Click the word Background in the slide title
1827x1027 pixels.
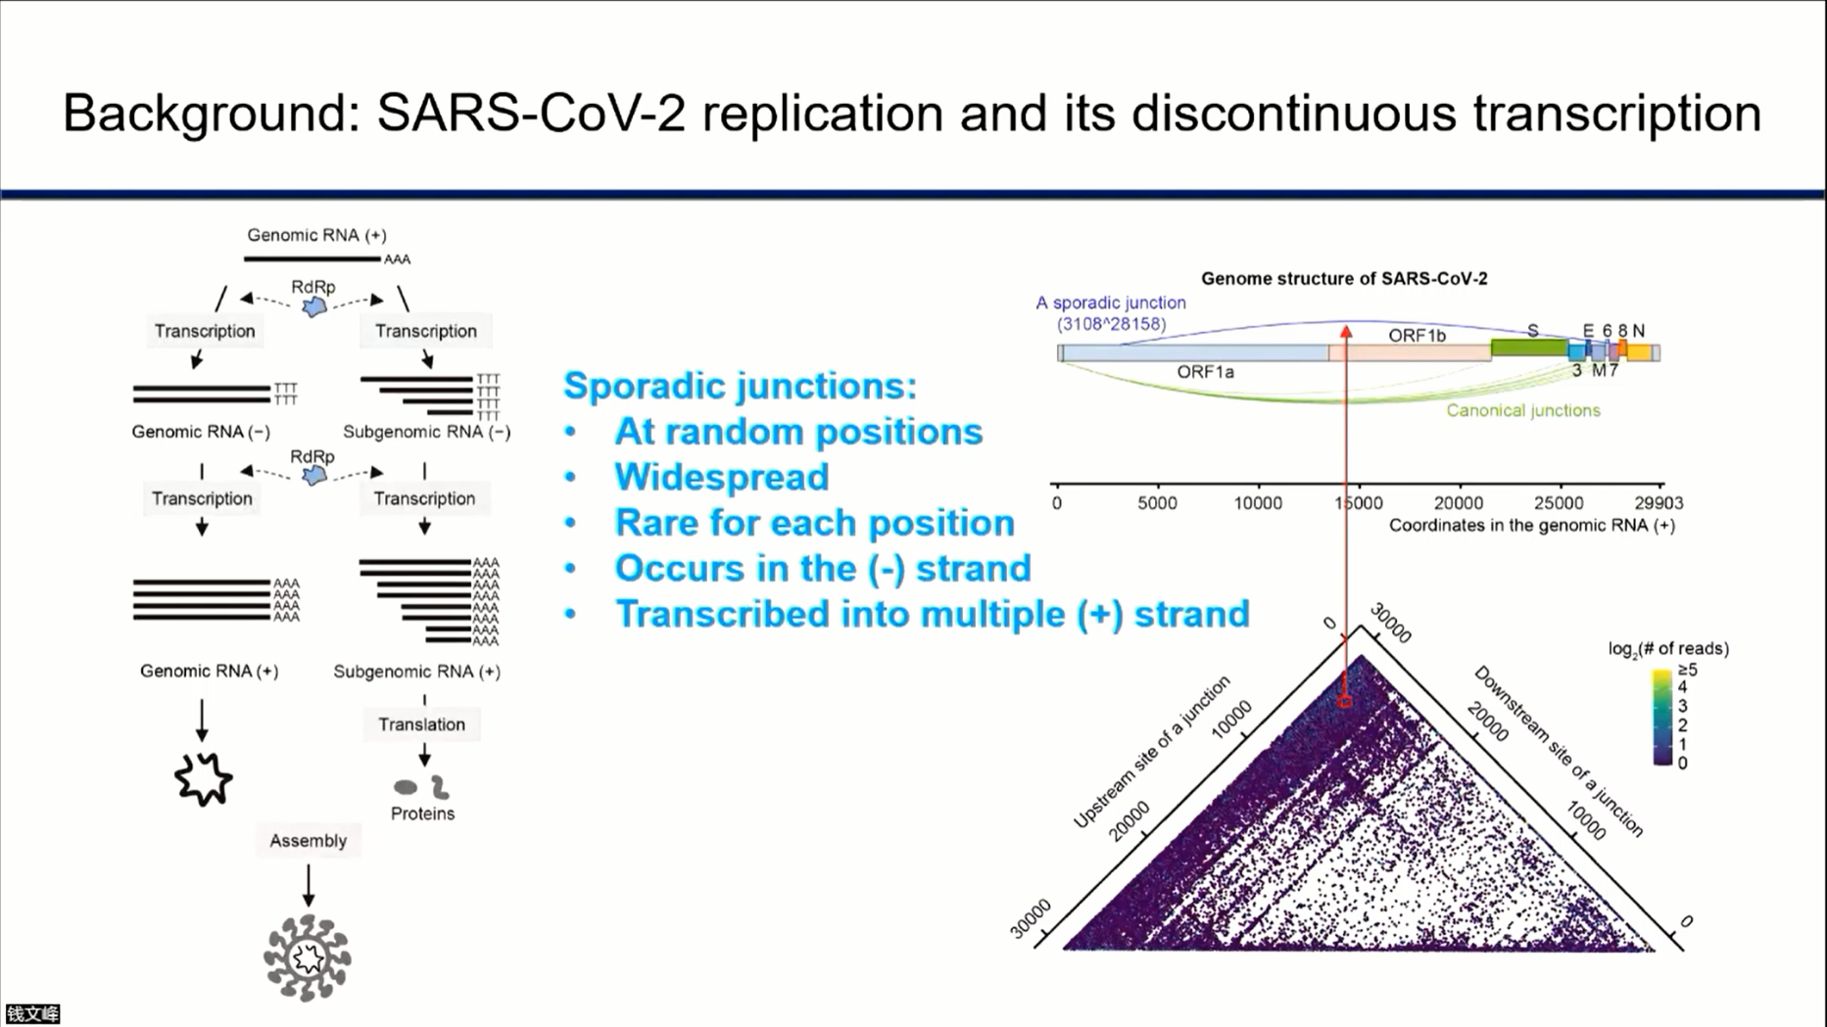(x=211, y=113)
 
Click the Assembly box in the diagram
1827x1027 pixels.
(x=309, y=841)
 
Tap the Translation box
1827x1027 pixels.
(x=422, y=724)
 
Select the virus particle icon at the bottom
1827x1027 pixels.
(x=308, y=957)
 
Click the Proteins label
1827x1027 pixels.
(x=422, y=814)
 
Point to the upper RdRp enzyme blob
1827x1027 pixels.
(x=313, y=307)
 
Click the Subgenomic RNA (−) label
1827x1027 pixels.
(x=427, y=432)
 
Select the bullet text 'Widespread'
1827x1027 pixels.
(x=722, y=477)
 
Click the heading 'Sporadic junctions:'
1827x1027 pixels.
(x=740, y=386)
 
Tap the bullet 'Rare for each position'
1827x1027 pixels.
(x=814, y=523)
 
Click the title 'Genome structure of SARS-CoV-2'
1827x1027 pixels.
(x=1344, y=279)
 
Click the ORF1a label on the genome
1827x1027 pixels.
(x=1205, y=372)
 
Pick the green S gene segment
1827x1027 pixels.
(x=1528, y=348)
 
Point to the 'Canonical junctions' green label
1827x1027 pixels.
(x=1523, y=410)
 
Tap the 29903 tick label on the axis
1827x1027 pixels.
(x=1659, y=503)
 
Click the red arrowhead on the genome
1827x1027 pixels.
(x=1347, y=332)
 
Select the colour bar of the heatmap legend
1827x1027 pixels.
(x=1662, y=717)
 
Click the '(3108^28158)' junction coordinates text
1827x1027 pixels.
(x=1111, y=324)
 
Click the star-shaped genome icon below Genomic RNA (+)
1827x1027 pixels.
(x=204, y=779)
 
